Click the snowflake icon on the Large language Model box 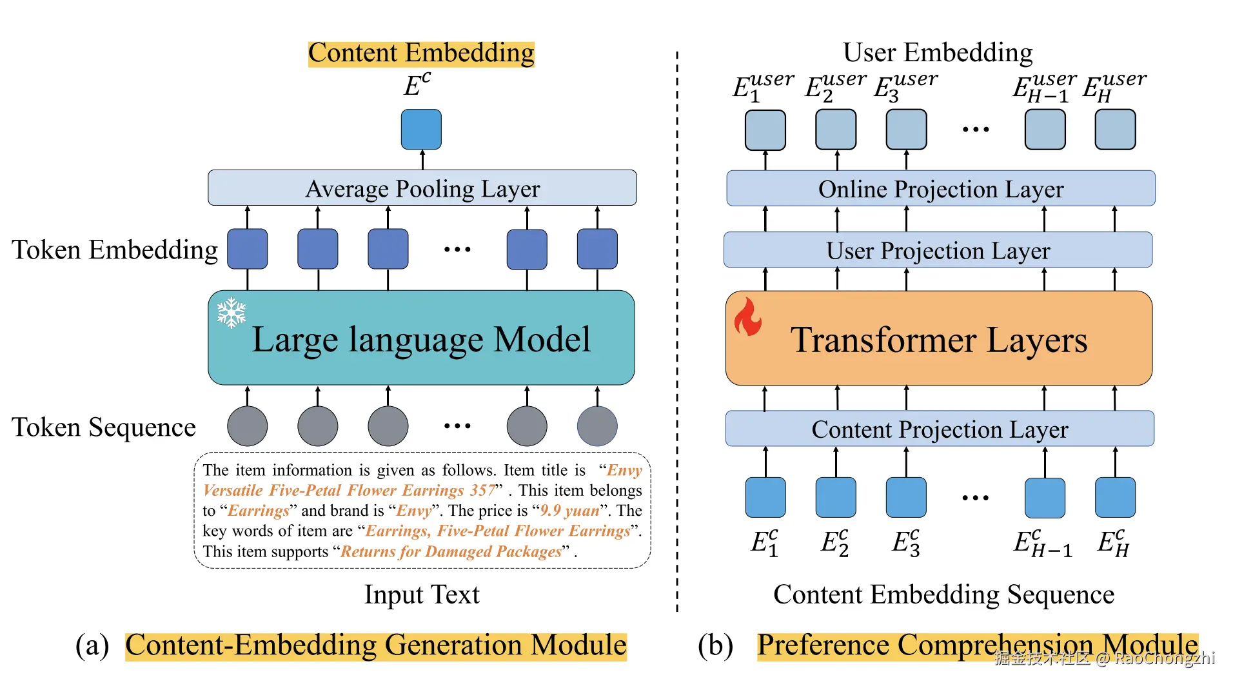[x=231, y=313]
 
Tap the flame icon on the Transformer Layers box [x=748, y=317]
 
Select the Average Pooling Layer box [x=422, y=188]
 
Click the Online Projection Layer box [x=940, y=189]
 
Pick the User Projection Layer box [x=938, y=250]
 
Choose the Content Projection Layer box [x=940, y=429]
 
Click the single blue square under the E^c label [x=421, y=130]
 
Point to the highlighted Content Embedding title [x=421, y=53]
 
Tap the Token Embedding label [x=115, y=250]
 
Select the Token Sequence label [x=103, y=427]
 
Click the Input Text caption [x=422, y=594]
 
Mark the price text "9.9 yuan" [x=570, y=511]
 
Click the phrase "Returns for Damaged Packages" [x=451, y=552]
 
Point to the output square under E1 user [x=765, y=130]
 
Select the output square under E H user [x=1115, y=130]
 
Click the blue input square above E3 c [x=906, y=497]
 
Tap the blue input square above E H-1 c [x=1045, y=497]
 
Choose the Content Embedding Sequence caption [x=943, y=594]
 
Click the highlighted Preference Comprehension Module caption [x=977, y=645]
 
